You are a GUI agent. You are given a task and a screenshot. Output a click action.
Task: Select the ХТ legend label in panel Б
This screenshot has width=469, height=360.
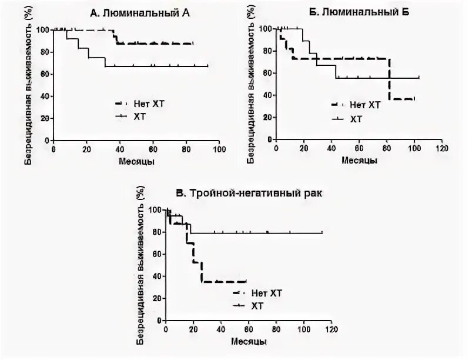[x=356, y=119]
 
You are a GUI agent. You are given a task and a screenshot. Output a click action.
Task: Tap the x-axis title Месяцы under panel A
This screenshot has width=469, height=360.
[x=136, y=161]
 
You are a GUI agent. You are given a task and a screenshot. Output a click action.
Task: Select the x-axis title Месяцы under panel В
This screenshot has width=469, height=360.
[x=248, y=341]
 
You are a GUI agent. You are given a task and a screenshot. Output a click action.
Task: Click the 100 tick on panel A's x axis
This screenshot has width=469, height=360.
[x=219, y=149]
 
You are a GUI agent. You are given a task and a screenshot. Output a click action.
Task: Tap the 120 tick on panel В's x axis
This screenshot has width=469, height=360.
[x=331, y=331]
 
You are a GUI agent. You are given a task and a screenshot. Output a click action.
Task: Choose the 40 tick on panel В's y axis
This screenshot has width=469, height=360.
[x=156, y=276]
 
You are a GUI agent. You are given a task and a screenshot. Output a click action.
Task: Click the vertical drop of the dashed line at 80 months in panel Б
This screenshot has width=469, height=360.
[x=389, y=79]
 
